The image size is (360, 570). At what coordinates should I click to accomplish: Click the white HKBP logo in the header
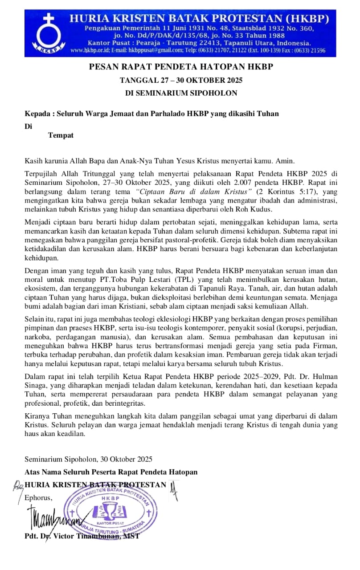point(46,35)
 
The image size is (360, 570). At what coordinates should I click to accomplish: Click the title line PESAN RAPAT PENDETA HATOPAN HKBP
point(180,67)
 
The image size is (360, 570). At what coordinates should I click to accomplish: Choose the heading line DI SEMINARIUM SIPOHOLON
point(180,93)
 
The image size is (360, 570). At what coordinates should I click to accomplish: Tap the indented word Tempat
point(61,135)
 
